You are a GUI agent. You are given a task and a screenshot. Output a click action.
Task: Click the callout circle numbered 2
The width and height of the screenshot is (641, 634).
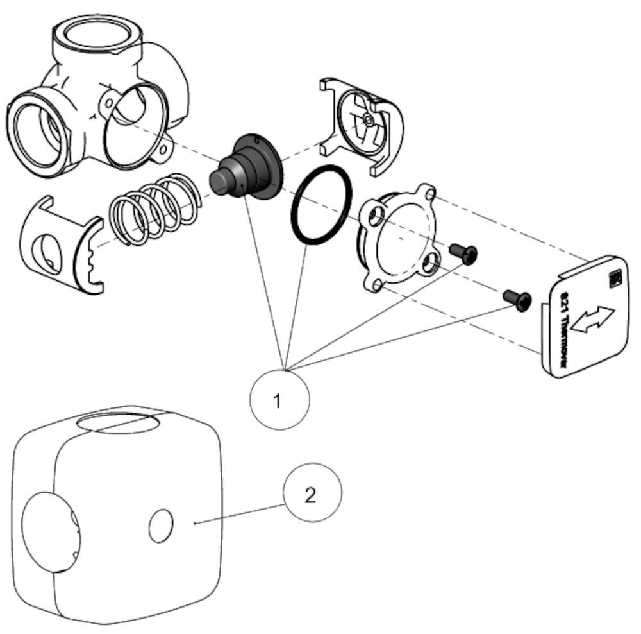tap(313, 493)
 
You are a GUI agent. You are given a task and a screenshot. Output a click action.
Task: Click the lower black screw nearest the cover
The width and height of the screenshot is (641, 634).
tap(518, 300)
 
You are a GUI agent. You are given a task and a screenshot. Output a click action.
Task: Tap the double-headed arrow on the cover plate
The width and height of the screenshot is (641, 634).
tap(592, 318)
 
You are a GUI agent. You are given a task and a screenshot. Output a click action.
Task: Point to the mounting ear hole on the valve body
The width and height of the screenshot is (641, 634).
tap(165, 150)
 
